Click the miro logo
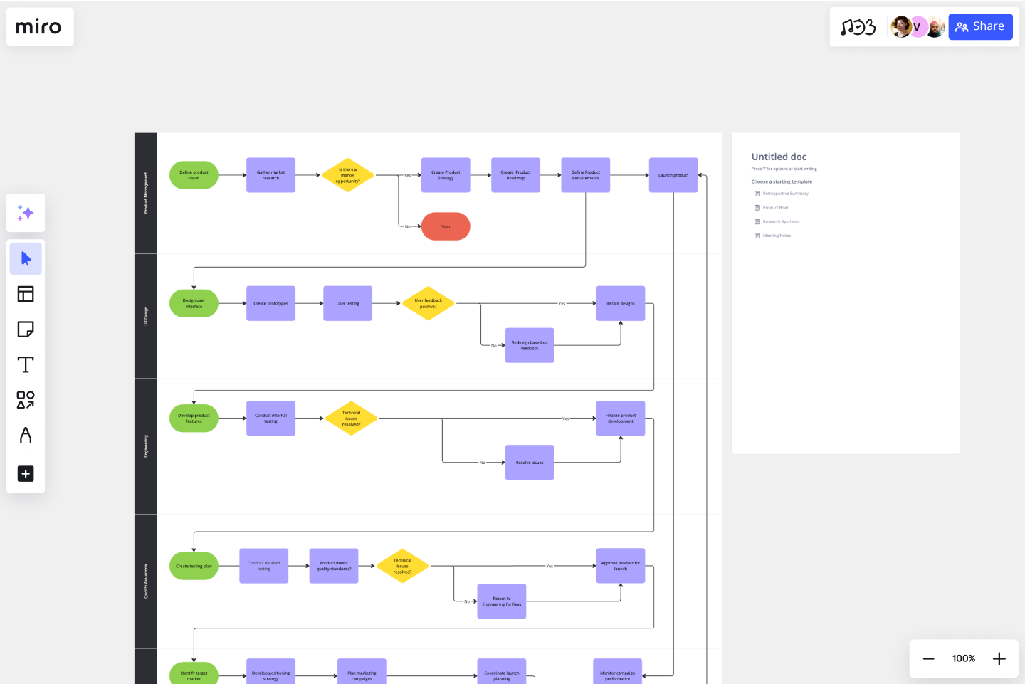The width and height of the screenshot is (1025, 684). [x=38, y=27]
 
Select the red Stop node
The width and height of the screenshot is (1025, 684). [x=446, y=226]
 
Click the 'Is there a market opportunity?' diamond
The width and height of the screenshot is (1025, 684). [x=347, y=175]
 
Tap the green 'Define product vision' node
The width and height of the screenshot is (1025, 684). [x=194, y=175]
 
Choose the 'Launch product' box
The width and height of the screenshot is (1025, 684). [x=673, y=175]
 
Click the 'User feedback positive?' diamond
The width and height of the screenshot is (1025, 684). [x=428, y=303]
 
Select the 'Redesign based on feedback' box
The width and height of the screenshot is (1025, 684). [x=530, y=345]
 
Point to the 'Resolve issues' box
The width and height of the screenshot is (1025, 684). [x=530, y=463]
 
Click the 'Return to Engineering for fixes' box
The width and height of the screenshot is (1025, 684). [x=502, y=601]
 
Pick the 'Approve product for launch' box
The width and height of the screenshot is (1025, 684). [x=621, y=566]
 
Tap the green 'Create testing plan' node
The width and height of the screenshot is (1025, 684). [x=194, y=566]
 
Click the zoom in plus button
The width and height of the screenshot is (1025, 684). [x=999, y=658]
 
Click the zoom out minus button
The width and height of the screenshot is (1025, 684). [x=929, y=658]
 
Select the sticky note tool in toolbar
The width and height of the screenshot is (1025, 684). [x=26, y=330]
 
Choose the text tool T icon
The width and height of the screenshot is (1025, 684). [x=26, y=364]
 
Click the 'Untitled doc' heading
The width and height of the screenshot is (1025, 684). [x=779, y=157]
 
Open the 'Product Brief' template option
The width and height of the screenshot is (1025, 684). [x=775, y=208]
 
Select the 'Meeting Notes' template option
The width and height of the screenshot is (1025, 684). [x=777, y=236]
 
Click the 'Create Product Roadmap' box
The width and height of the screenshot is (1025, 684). [x=515, y=175]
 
